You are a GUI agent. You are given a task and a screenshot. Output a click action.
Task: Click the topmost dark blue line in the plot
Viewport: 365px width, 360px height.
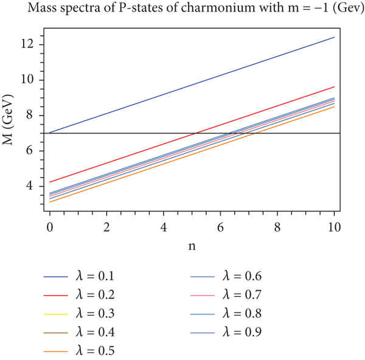point(192,85)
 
